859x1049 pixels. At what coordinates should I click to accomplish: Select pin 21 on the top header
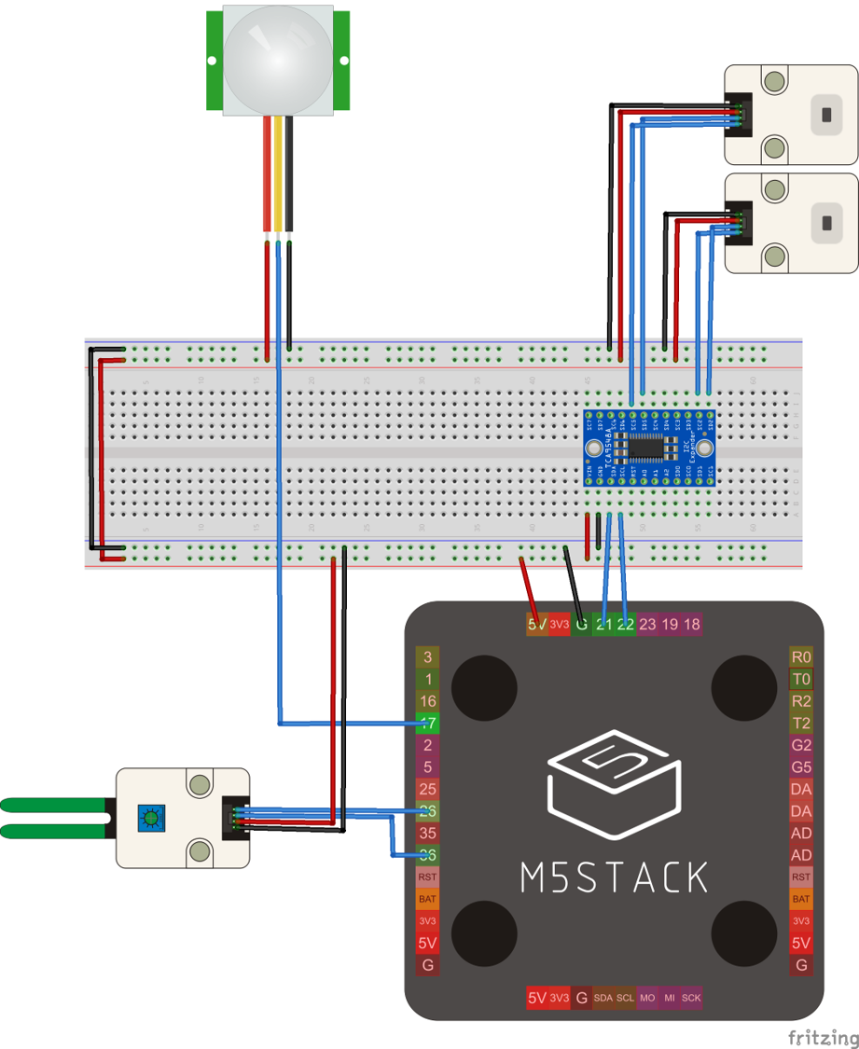603,625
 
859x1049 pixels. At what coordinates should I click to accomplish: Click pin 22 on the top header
625,625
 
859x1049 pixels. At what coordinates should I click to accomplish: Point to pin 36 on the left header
427,855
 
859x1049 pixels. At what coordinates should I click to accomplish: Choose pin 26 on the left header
427,811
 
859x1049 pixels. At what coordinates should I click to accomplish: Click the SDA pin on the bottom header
603,998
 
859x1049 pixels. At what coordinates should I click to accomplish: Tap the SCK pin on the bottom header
691,998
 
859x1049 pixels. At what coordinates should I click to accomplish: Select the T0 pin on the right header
801,680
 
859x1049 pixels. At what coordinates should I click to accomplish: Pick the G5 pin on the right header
801,767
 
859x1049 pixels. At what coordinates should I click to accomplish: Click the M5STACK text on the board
613,876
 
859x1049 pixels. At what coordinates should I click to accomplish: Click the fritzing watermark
823,1037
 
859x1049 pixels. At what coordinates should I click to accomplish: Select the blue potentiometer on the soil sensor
147,819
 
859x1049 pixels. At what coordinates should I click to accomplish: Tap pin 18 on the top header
692,625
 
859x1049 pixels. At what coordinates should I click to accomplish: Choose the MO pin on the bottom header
647,998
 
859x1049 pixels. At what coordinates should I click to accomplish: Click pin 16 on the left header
427,701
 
